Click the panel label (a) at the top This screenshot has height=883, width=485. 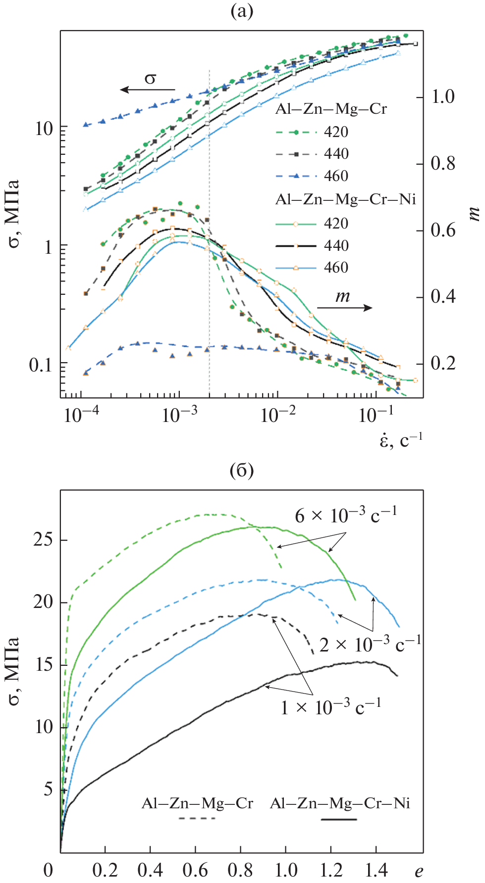tap(242, 11)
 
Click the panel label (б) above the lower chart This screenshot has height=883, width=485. tap(242, 470)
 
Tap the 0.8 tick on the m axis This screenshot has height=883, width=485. tap(442, 163)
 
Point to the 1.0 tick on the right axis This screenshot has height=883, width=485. tap(442, 96)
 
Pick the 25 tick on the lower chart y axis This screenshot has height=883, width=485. tap(43, 540)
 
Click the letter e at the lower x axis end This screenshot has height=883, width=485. tap(419, 871)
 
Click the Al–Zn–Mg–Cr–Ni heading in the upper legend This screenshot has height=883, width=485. tap(345, 199)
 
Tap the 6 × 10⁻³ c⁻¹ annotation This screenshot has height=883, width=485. tap(346, 515)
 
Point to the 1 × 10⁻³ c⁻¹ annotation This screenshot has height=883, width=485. tap(331, 707)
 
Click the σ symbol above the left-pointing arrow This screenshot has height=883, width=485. tap(150, 78)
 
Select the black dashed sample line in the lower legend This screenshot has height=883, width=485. tap(197, 819)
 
